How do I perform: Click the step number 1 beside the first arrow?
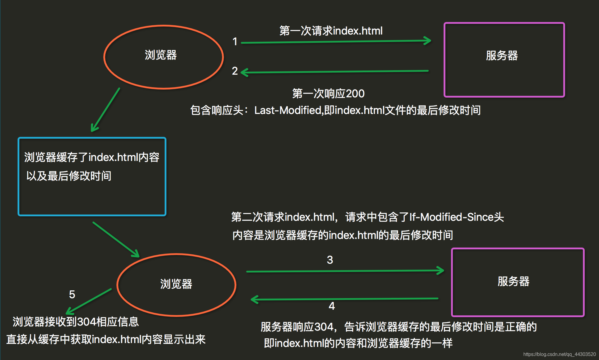pyautogui.click(x=235, y=42)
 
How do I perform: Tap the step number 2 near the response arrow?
pyautogui.click(x=235, y=71)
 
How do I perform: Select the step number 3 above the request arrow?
pyautogui.click(x=330, y=260)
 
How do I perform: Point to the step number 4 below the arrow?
pyautogui.click(x=332, y=306)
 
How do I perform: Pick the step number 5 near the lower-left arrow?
pyautogui.click(x=72, y=295)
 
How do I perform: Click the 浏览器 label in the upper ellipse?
pyautogui.click(x=161, y=55)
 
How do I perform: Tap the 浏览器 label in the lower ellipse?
pyautogui.click(x=176, y=284)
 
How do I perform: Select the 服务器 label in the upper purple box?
pyautogui.click(x=502, y=56)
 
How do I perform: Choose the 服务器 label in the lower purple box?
pyautogui.click(x=514, y=281)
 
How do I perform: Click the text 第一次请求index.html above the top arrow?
pyautogui.click(x=331, y=31)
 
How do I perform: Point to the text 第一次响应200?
pyautogui.click(x=328, y=94)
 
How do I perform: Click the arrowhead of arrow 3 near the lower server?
pyautogui.click(x=441, y=270)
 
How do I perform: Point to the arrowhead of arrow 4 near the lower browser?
pyautogui.click(x=254, y=299)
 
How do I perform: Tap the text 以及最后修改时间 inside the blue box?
pyautogui.click(x=69, y=176)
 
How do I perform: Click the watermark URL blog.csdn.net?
pyautogui.click(x=559, y=354)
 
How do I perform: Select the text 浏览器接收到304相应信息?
pyautogui.click(x=76, y=322)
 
